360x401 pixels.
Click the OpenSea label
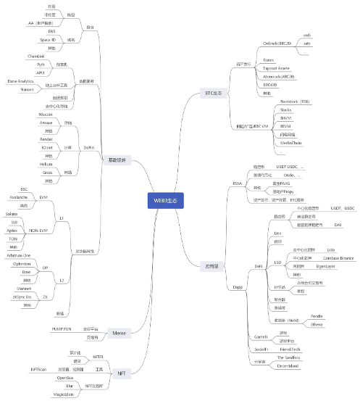point(64,378)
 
